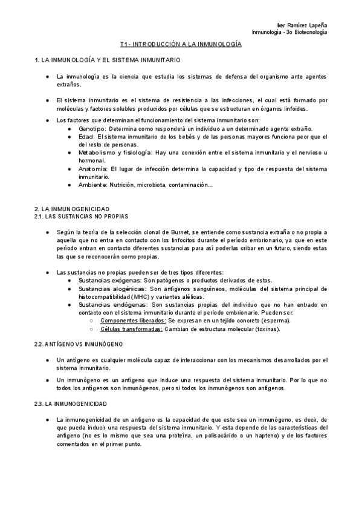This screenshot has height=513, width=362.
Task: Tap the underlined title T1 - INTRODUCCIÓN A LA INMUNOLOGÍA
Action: [x=181, y=45]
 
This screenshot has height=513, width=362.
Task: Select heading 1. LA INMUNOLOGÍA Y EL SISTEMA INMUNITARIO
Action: [x=107, y=61]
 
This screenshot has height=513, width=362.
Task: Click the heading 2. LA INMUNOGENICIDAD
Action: [x=72, y=208]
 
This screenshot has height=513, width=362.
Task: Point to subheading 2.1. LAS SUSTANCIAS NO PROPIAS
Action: [x=82, y=215]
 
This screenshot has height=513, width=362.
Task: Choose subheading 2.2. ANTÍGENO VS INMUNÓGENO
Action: [x=79, y=344]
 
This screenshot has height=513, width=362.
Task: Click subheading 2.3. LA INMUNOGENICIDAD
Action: [x=71, y=403]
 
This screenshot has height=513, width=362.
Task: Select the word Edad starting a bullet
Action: [x=85, y=137]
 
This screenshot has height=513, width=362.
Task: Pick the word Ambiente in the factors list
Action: [x=93, y=185]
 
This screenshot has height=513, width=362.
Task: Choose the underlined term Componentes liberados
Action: [x=133, y=321]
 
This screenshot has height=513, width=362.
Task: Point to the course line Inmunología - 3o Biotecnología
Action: [x=289, y=31]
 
